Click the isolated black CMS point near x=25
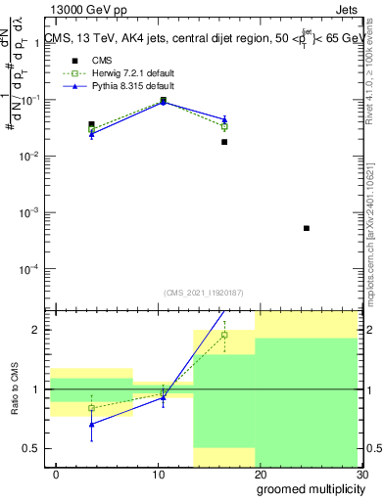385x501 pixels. pyautogui.click(x=307, y=228)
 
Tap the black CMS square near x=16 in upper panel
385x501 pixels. pyautogui.click(x=224, y=142)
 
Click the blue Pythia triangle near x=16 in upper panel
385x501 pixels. pyautogui.click(x=224, y=119)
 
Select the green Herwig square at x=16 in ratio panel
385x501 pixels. pyautogui.click(x=224, y=335)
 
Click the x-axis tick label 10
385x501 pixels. pyautogui.click(x=158, y=475)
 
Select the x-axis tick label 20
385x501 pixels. pyautogui.click(x=260, y=475)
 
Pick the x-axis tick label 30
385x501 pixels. pyautogui.click(x=361, y=475)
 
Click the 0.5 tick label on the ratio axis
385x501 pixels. pyautogui.click(x=33, y=449)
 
